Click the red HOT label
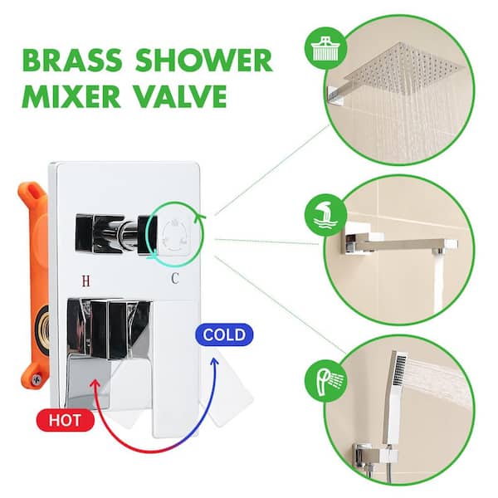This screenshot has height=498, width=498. pos(64,420)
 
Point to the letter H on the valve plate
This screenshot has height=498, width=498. pos(85,279)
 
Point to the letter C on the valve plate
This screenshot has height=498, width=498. pos(174,279)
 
